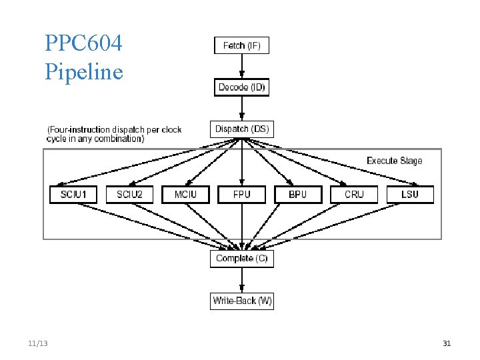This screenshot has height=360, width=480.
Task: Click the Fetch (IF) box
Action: [241, 45]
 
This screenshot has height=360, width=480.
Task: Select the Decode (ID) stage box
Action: [241, 87]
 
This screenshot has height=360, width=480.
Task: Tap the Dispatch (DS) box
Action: [241, 129]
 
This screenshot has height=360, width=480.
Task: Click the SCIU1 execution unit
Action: [73, 194]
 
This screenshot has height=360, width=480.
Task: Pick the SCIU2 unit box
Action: [129, 194]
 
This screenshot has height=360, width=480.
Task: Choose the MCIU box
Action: [185, 194]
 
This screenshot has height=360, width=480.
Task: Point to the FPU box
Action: [241, 194]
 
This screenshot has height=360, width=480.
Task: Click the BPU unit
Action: [297, 194]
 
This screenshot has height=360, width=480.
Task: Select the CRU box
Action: [354, 194]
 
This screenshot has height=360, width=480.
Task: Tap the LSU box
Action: [410, 194]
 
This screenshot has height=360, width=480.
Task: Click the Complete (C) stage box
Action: [241, 258]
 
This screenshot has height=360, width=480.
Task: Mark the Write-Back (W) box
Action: [242, 301]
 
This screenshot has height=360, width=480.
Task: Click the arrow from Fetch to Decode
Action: [241, 66]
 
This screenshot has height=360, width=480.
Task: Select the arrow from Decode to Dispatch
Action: [241, 108]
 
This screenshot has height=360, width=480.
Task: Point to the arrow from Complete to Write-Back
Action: [241, 280]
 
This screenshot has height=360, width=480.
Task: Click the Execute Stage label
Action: [394, 161]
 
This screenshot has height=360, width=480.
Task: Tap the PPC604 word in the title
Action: [84, 43]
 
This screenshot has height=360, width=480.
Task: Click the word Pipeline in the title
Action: [84, 71]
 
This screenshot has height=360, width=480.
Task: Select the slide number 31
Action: [447, 343]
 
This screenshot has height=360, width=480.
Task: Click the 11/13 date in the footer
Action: [38, 343]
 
